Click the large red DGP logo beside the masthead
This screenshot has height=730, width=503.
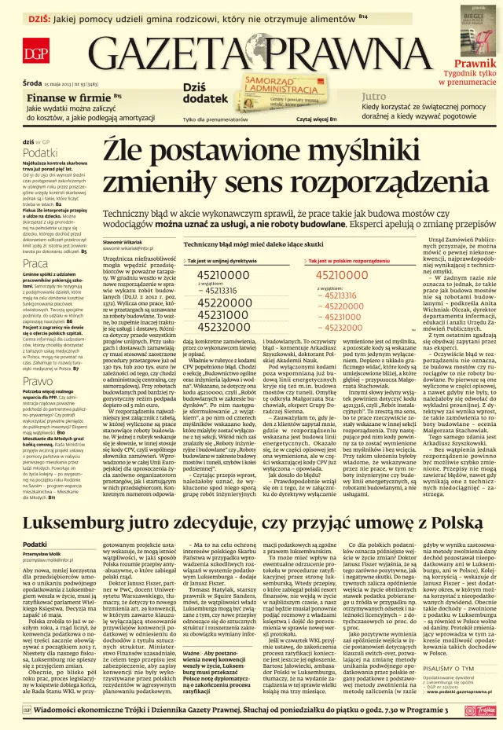tap(35, 54)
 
